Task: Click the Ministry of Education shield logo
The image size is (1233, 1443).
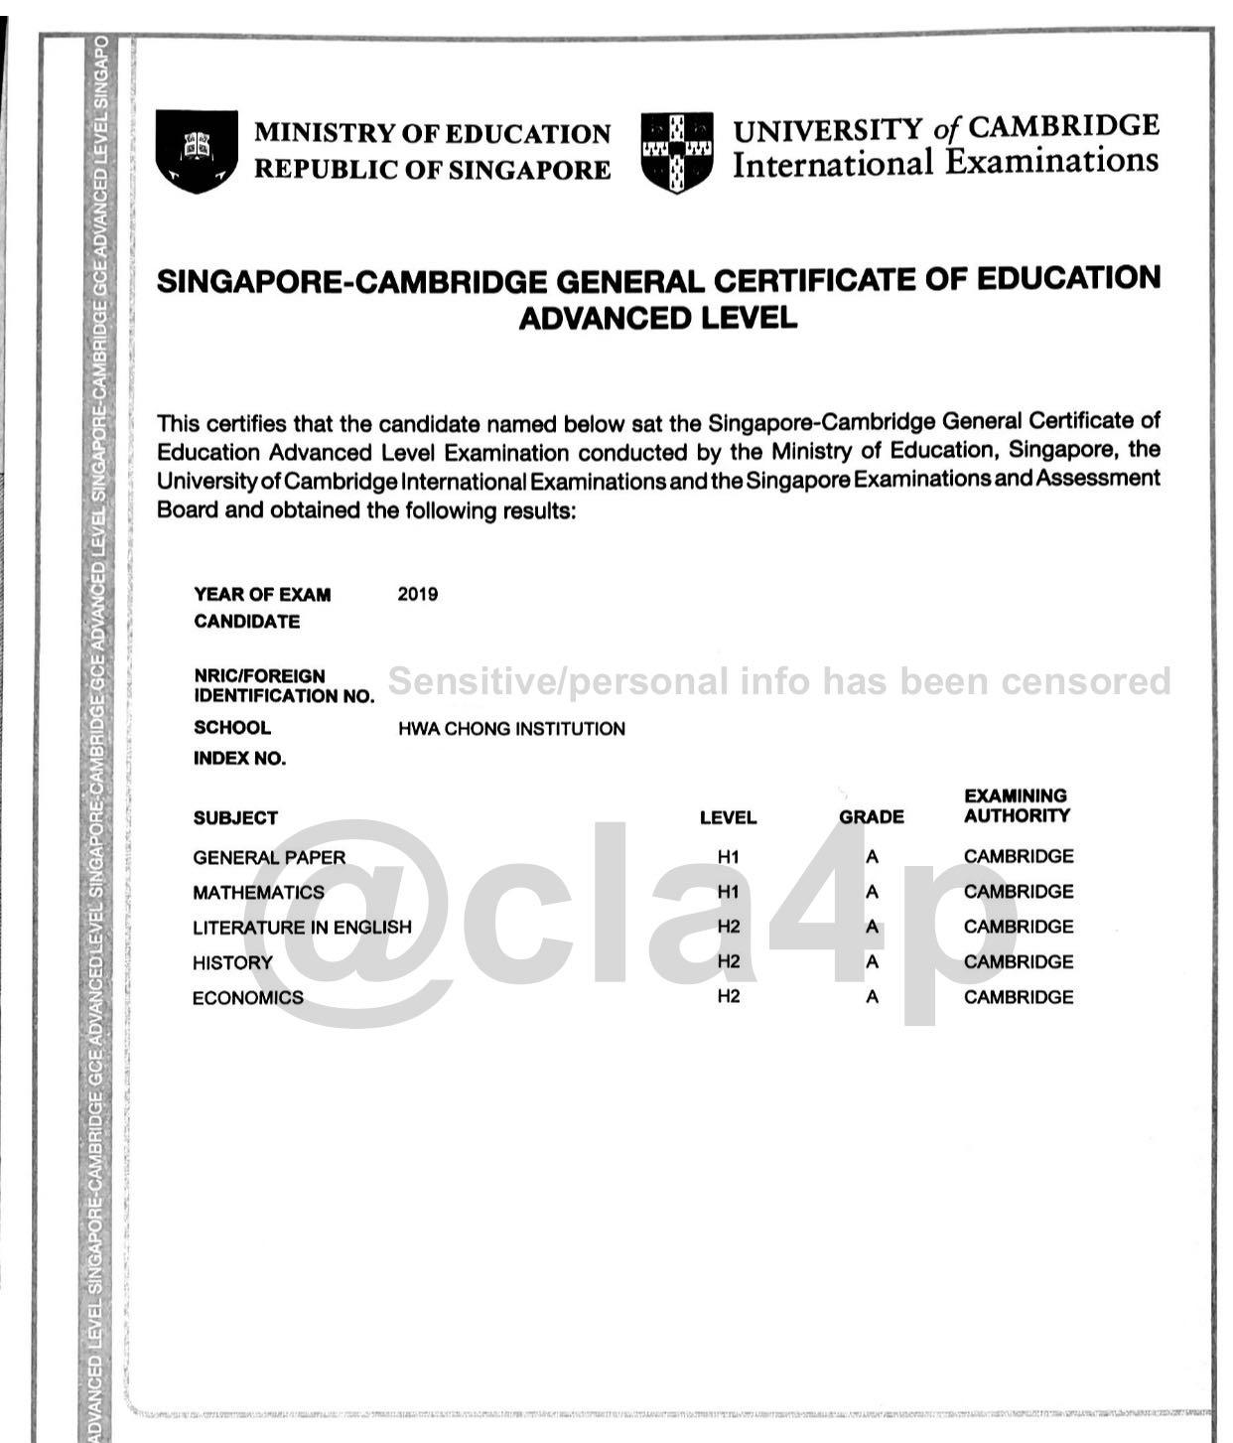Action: click(x=197, y=151)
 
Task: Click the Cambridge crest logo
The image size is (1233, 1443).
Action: click(x=677, y=151)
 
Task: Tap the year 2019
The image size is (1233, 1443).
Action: click(x=417, y=594)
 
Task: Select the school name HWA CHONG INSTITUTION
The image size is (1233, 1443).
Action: click(x=511, y=729)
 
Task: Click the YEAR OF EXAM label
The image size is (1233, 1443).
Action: click(x=262, y=595)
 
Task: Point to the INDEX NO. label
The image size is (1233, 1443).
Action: click(x=239, y=759)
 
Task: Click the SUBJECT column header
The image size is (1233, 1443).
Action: click(x=235, y=818)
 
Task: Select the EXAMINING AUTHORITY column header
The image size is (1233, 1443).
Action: click(x=1017, y=805)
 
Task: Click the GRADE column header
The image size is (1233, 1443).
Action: click(x=871, y=817)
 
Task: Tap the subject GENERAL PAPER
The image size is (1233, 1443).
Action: click(x=269, y=857)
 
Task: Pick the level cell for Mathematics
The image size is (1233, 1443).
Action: click(x=728, y=892)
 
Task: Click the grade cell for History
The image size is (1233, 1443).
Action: click(x=872, y=962)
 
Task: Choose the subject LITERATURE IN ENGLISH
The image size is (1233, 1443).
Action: click(x=302, y=928)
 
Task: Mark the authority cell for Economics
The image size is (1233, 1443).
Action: click(x=1018, y=997)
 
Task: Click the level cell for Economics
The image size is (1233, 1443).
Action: click(x=728, y=996)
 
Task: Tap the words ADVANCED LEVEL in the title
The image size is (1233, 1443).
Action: click(x=657, y=319)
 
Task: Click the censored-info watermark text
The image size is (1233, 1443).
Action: click(x=778, y=681)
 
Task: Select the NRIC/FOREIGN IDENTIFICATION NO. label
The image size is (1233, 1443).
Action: click(x=284, y=686)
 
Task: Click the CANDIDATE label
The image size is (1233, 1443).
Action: click(x=246, y=622)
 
